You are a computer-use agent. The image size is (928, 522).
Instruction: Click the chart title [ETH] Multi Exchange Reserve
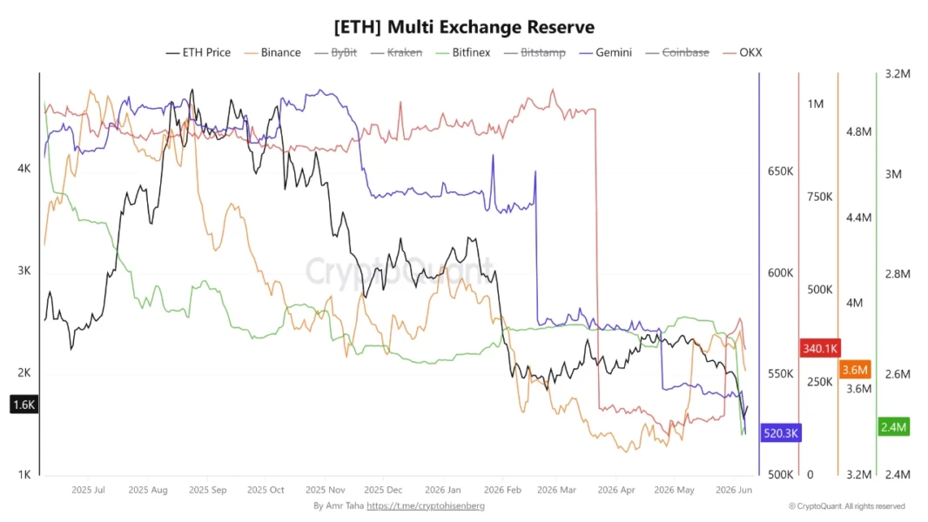pyautogui.click(x=464, y=27)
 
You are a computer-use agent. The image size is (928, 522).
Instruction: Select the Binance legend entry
pyautogui.click(x=272, y=52)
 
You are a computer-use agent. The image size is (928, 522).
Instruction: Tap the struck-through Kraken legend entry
pyautogui.click(x=396, y=52)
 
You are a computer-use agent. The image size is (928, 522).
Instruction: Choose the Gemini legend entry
pyautogui.click(x=605, y=52)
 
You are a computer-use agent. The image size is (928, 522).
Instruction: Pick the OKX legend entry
pyautogui.click(x=743, y=52)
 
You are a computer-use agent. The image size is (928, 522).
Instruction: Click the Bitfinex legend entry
pyautogui.click(x=463, y=52)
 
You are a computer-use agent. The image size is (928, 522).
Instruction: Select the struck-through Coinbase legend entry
pyautogui.click(x=677, y=52)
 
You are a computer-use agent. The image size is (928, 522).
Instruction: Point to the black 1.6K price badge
pyautogui.click(x=24, y=405)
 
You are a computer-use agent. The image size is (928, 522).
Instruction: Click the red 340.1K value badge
pyautogui.click(x=820, y=348)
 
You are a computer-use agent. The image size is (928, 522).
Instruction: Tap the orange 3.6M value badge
pyautogui.click(x=855, y=370)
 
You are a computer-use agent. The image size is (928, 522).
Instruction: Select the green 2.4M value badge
pyautogui.click(x=893, y=427)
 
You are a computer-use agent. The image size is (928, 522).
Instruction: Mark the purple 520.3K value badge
pyautogui.click(x=781, y=433)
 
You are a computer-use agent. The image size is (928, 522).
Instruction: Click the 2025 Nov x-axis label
pyautogui.click(x=325, y=490)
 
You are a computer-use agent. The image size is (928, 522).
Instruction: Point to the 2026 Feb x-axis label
pyautogui.click(x=502, y=490)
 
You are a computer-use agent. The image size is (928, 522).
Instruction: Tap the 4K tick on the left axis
pyautogui.click(x=24, y=169)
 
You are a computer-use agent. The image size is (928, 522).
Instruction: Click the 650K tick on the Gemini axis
pyautogui.click(x=780, y=171)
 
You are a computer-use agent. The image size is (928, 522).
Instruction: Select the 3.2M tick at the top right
pyautogui.click(x=898, y=74)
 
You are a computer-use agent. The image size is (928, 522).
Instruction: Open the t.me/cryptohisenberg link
pyautogui.click(x=426, y=506)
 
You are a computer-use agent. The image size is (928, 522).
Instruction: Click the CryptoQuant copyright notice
pyautogui.click(x=847, y=506)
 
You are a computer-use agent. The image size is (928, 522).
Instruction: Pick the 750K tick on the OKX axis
pyautogui.click(x=820, y=197)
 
